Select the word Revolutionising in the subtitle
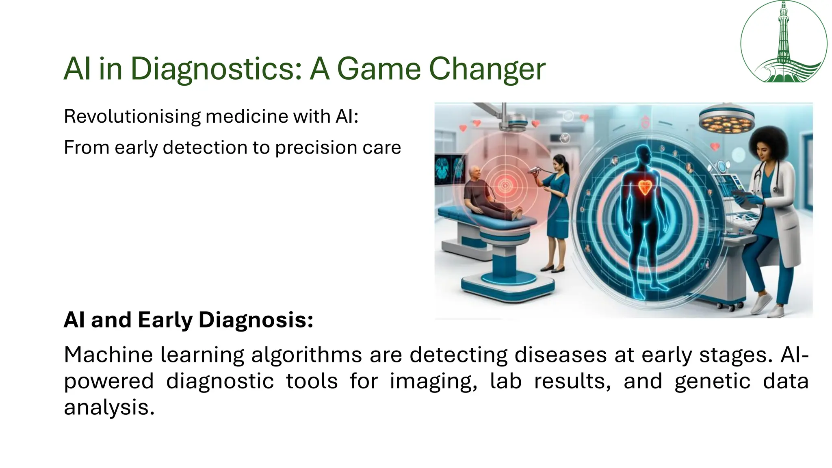tap(132, 117)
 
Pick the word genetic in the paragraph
tap(712, 381)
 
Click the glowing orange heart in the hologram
tap(644, 187)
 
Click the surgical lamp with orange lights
tap(726, 120)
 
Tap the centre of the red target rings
tap(505, 186)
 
